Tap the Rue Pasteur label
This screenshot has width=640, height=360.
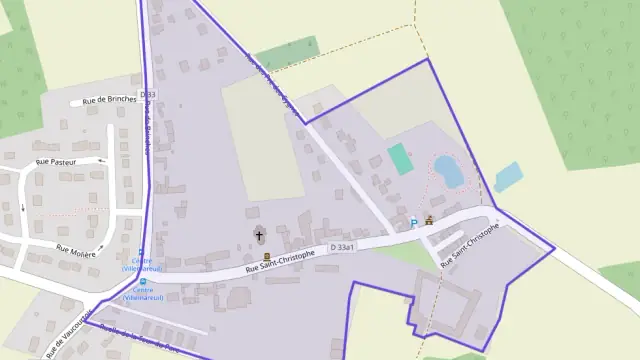[56, 161]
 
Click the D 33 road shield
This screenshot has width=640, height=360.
[149, 95]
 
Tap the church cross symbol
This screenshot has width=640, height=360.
[260, 236]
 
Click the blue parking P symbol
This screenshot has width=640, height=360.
[414, 224]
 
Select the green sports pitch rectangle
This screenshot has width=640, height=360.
[400, 158]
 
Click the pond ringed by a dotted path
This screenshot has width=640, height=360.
[447, 171]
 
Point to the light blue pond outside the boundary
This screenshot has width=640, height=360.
[508, 176]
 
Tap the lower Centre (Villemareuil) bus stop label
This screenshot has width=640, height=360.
[142, 295]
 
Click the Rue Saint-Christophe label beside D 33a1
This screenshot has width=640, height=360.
[280, 262]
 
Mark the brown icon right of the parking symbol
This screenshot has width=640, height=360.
[430, 221]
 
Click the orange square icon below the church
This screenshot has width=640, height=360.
[266, 257]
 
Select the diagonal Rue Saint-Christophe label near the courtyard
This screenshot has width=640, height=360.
[465, 250]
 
